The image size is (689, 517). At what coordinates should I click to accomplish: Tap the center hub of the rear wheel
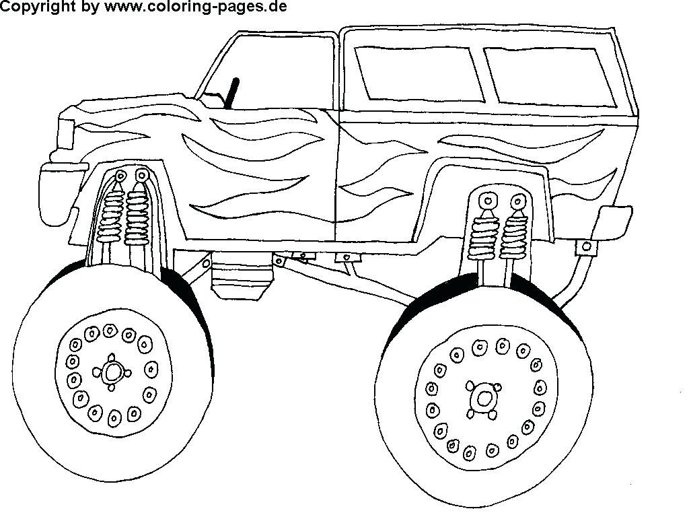(482, 398)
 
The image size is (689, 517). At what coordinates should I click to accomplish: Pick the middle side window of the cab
(421, 72)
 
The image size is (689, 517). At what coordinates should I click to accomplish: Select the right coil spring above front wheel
(137, 215)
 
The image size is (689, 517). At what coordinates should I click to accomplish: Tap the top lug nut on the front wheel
(109, 329)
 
